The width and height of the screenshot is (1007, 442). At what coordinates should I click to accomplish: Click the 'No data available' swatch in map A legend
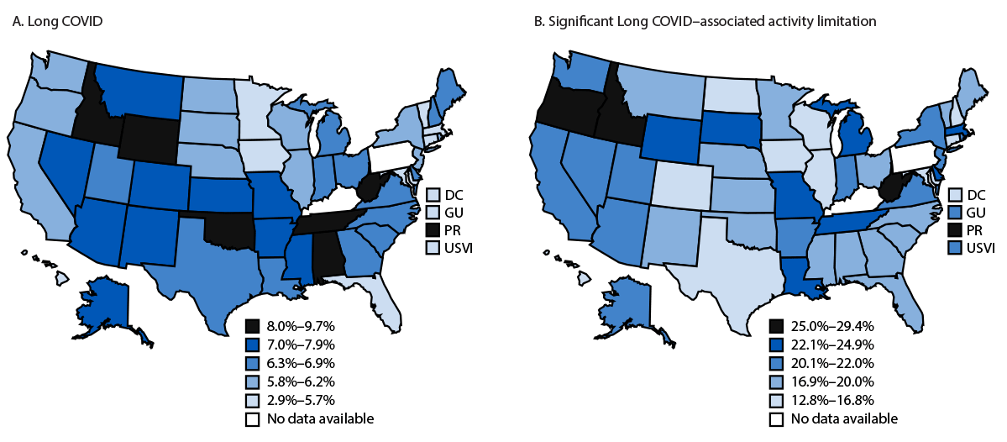tap(252, 418)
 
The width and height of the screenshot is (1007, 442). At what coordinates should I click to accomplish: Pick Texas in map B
tap(722, 269)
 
